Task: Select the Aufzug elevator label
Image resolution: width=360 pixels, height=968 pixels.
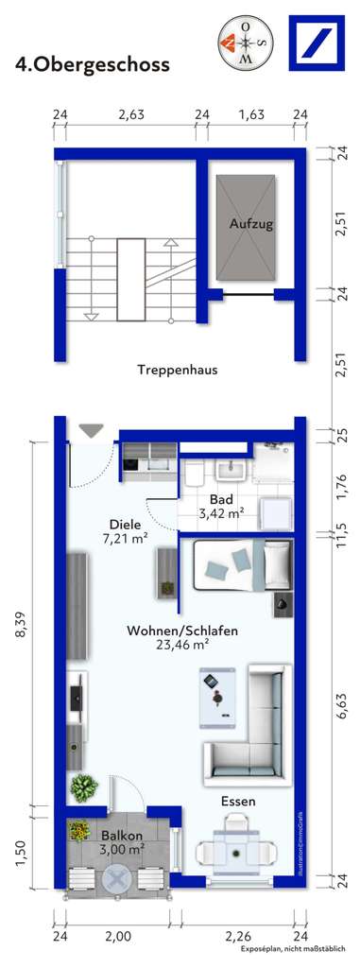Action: coord(251,224)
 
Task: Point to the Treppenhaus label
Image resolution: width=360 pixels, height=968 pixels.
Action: coord(177,371)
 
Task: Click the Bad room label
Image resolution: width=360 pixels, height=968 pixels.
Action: coord(221,499)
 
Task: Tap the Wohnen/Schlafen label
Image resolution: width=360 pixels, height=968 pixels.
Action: coord(182,631)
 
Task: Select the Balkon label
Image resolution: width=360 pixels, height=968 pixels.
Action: coord(122,836)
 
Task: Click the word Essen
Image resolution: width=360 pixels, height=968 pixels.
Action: coord(238,802)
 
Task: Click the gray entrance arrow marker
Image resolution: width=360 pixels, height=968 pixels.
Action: coord(91,430)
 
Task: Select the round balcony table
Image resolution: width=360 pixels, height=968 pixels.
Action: coord(116,879)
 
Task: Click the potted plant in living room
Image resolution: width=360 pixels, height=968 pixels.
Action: coord(84,786)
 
